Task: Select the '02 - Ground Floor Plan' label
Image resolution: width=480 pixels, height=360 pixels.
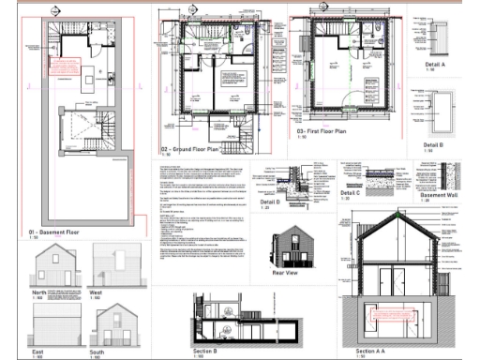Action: (190, 149)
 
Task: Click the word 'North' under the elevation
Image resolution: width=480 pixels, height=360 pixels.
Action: (38, 292)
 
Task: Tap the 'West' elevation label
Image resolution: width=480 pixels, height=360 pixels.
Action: (96, 292)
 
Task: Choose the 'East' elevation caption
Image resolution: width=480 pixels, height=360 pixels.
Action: (37, 352)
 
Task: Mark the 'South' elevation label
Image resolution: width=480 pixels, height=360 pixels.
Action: (97, 352)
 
